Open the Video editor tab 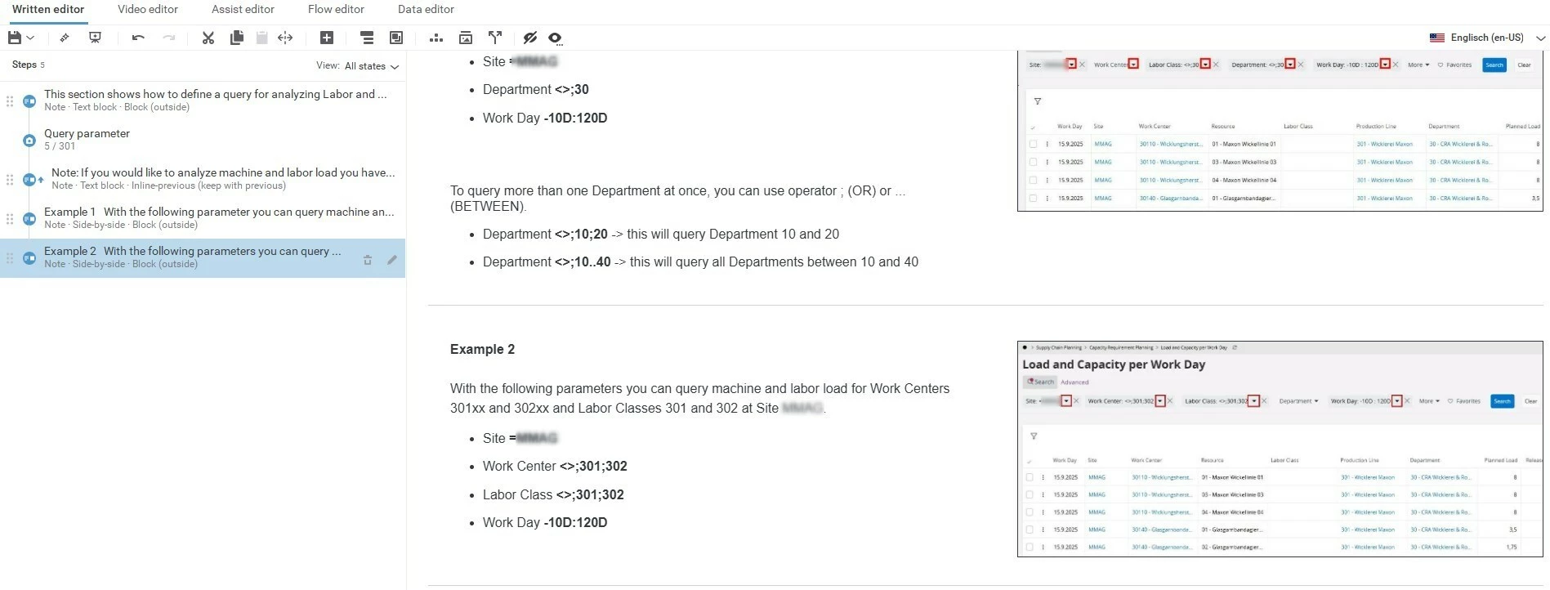(x=147, y=9)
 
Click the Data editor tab (x=426, y=9)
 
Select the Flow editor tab (x=336, y=9)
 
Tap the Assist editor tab (x=243, y=9)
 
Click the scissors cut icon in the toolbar (x=208, y=38)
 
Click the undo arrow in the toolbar (x=138, y=38)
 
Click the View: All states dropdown (x=358, y=66)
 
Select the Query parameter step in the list (x=87, y=133)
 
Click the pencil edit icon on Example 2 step (x=392, y=260)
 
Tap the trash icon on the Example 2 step (x=368, y=260)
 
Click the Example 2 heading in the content (x=482, y=349)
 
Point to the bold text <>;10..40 (x=583, y=262)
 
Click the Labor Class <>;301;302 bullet (x=553, y=494)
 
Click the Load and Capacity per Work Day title (x=1113, y=364)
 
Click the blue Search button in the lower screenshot (x=1502, y=401)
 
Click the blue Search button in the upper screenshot (x=1494, y=65)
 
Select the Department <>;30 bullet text (x=535, y=90)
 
